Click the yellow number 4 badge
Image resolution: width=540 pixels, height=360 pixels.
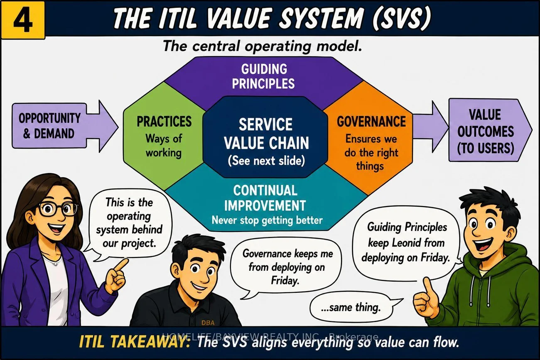[x=23, y=20]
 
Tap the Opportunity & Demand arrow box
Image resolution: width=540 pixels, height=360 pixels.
[x=65, y=126]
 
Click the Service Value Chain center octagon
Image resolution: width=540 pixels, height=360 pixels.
[x=265, y=137]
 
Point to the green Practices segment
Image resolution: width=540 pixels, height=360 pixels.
[x=164, y=136]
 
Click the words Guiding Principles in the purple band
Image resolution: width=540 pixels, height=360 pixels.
[x=263, y=76]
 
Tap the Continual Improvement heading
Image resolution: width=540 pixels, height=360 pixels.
[x=265, y=198]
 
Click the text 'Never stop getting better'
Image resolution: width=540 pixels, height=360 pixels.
[x=267, y=220]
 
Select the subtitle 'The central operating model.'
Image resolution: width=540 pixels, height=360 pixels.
[x=262, y=46]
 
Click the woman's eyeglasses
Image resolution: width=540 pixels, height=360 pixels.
[x=58, y=209]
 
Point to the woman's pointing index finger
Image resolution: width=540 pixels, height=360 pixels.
[x=120, y=265]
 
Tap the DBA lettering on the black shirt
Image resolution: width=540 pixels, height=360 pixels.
[x=208, y=323]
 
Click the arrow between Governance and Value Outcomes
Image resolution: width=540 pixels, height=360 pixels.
[x=431, y=127]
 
